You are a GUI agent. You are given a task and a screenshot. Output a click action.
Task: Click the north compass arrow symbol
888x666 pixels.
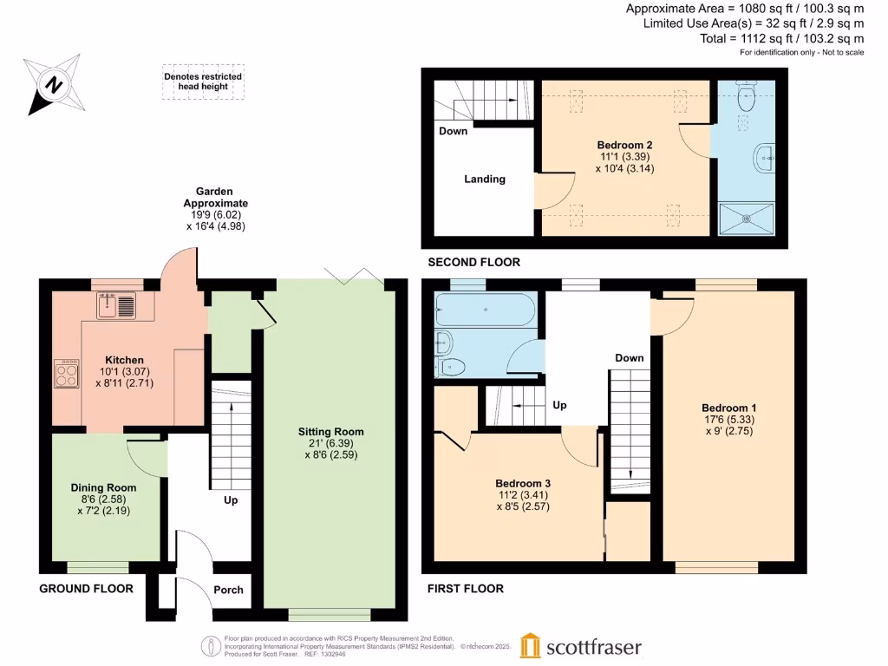[55, 85]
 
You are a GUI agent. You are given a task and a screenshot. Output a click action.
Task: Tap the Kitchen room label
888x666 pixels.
[124, 360]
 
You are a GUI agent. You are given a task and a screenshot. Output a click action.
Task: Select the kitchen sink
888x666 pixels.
[116, 305]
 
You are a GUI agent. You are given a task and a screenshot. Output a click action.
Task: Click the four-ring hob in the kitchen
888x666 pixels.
[67, 374]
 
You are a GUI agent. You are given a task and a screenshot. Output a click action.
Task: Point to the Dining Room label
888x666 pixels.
[103, 487]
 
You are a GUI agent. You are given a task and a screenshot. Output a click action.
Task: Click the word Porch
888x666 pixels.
[228, 590]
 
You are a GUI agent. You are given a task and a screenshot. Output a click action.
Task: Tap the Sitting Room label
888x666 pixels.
[330, 431]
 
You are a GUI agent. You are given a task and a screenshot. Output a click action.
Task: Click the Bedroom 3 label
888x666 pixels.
[523, 483]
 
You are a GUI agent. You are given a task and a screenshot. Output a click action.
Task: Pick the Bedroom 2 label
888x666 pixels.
[624, 145]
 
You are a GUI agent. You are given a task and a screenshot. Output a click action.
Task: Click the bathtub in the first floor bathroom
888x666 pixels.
[486, 309]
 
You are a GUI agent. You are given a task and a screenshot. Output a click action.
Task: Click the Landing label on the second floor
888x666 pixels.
[484, 179]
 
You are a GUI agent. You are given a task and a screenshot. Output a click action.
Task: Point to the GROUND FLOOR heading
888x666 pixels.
[87, 589]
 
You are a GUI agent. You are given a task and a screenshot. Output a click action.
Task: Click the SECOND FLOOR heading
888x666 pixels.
[474, 262]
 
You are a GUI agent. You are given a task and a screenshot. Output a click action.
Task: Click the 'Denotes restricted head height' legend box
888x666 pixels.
[203, 82]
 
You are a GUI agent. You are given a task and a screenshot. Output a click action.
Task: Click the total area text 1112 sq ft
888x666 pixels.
[781, 38]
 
